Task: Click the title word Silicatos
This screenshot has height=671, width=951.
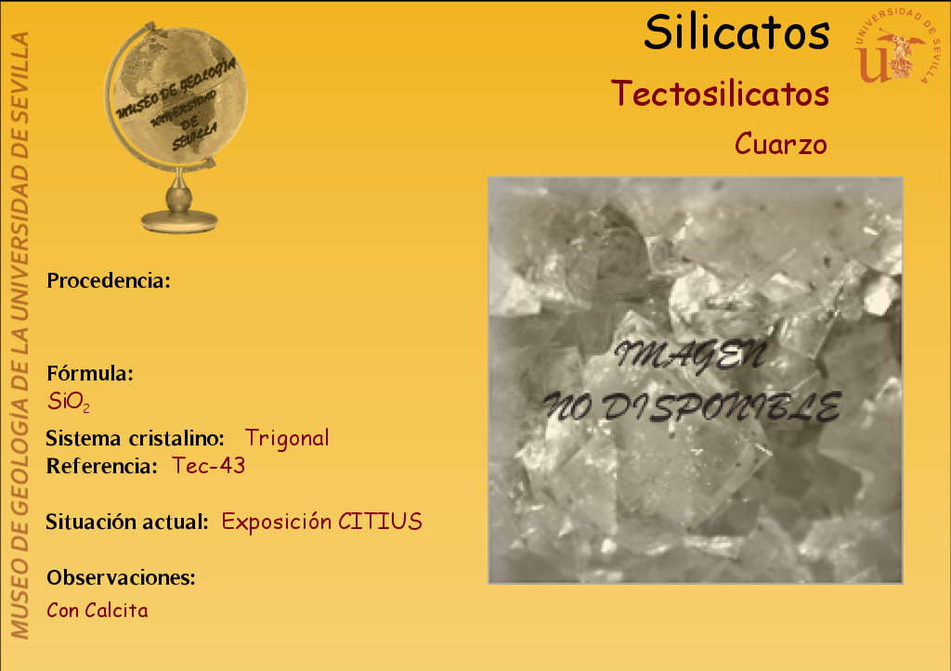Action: click(x=736, y=32)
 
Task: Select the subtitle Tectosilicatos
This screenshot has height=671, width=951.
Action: click(x=720, y=94)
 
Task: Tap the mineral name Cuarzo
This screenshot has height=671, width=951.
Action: click(x=781, y=144)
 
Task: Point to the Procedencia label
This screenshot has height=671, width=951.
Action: click(x=109, y=280)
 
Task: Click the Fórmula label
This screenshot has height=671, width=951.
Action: click(x=90, y=373)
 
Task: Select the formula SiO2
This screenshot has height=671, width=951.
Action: click(x=69, y=402)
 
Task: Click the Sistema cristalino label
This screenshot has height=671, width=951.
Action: click(x=136, y=438)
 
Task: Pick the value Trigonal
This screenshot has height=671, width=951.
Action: click(x=287, y=438)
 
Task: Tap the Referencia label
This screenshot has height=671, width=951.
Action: click(x=102, y=466)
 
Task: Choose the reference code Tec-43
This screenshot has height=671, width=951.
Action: click(x=209, y=466)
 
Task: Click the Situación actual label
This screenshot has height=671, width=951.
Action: click(x=127, y=522)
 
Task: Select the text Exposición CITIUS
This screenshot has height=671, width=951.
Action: click(x=322, y=522)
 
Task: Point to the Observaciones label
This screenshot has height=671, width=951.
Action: click(x=122, y=577)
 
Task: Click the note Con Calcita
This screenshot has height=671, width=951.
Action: click(x=98, y=610)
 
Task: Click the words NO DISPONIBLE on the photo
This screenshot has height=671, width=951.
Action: click(x=691, y=406)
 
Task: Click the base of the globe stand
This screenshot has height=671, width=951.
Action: click(x=179, y=220)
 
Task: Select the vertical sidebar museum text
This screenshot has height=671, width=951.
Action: click(x=20, y=335)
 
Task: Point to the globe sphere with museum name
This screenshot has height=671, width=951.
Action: click(x=176, y=97)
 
